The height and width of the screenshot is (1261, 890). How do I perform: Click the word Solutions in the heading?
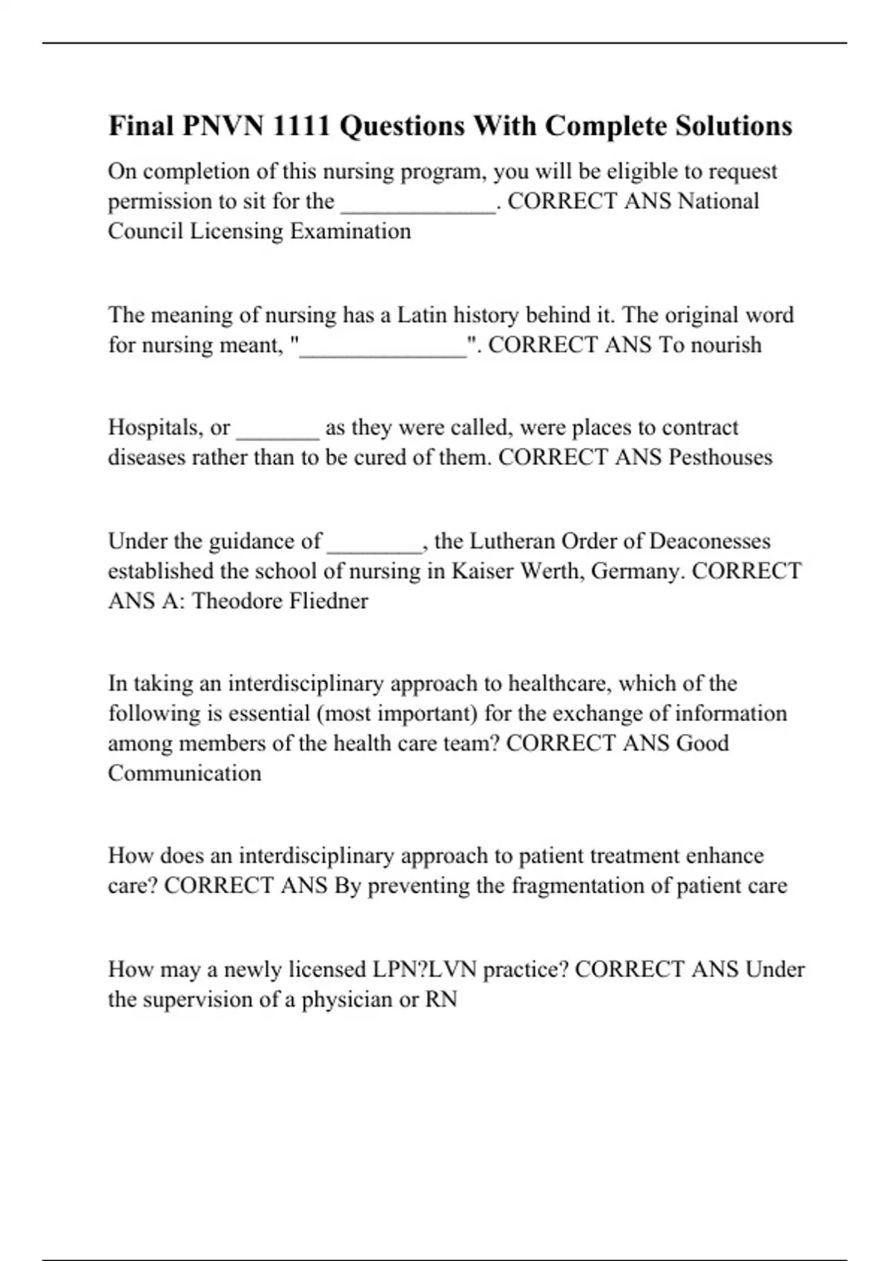tap(734, 126)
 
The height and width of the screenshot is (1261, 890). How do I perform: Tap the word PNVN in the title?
tap(222, 126)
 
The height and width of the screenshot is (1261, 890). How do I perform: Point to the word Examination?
tap(350, 231)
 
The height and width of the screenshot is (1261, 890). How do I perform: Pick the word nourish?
tap(725, 345)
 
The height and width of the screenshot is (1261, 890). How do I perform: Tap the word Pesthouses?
tap(720, 457)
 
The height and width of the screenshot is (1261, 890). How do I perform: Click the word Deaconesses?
tap(710, 541)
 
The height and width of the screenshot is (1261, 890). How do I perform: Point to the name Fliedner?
tap(328, 601)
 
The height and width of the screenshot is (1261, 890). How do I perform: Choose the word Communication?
tap(185, 773)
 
